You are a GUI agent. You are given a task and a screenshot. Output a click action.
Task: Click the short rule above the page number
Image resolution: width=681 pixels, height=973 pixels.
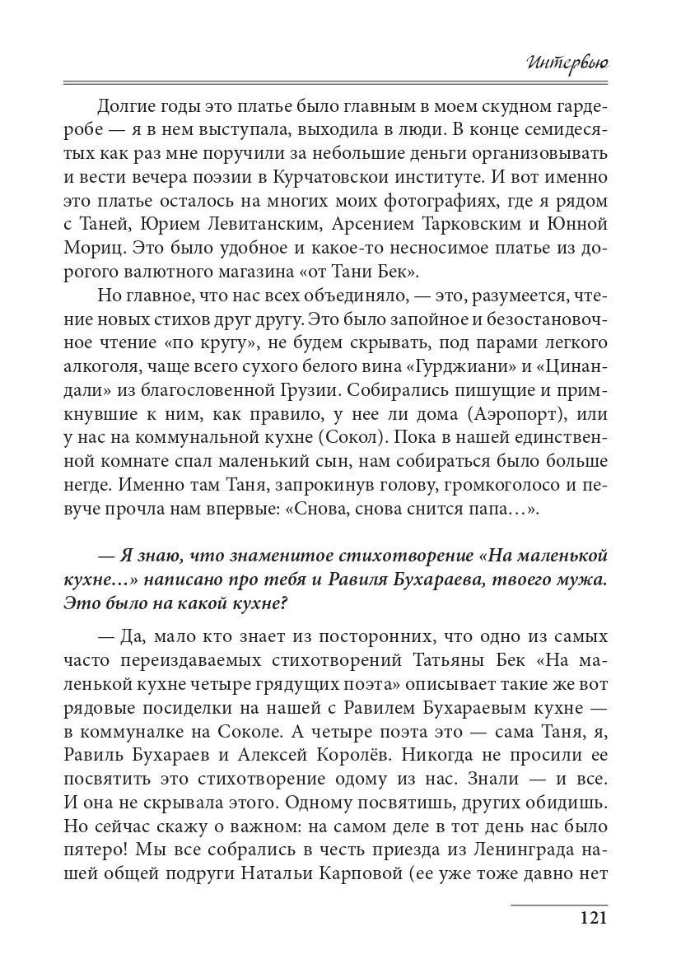click(x=559, y=904)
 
